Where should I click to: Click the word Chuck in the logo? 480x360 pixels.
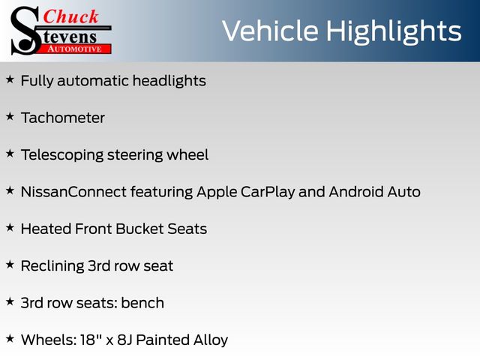(x=70, y=16)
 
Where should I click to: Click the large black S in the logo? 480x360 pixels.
(x=25, y=31)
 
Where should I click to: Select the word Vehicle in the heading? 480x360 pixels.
(x=270, y=31)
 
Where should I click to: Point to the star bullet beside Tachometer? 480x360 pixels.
(x=10, y=117)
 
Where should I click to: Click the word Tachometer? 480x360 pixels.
(x=63, y=118)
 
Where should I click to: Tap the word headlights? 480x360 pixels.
(x=169, y=81)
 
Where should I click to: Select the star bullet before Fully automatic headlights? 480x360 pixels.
(x=10, y=79)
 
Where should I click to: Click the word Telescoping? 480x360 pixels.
(x=62, y=155)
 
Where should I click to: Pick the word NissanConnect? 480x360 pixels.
(x=73, y=192)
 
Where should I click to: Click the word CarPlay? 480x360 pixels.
(x=268, y=193)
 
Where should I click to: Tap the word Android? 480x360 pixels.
(x=356, y=192)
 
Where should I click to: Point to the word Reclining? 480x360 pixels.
(x=52, y=266)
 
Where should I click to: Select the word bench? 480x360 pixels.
(x=142, y=303)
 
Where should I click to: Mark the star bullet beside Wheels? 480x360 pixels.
(x=10, y=338)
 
